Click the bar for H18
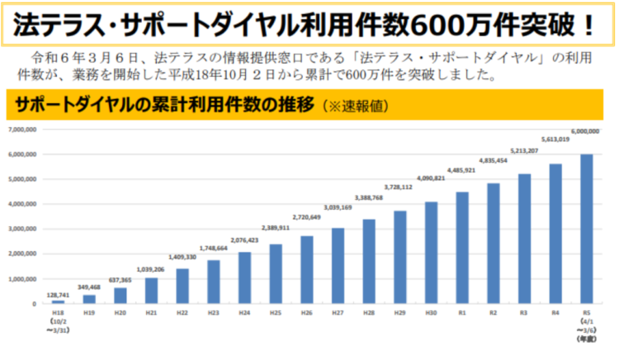(x=58, y=301)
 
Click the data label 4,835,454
(x=492, y=160)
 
